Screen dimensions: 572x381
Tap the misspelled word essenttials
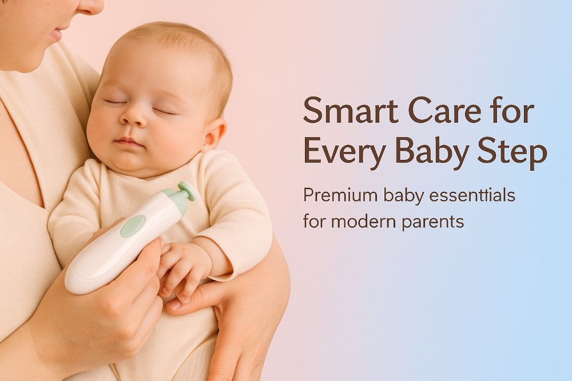click(472, 195)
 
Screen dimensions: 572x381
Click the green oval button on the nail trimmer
click(133, 226)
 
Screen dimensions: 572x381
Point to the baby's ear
click(215, 134)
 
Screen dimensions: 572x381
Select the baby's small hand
click(184, 268)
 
